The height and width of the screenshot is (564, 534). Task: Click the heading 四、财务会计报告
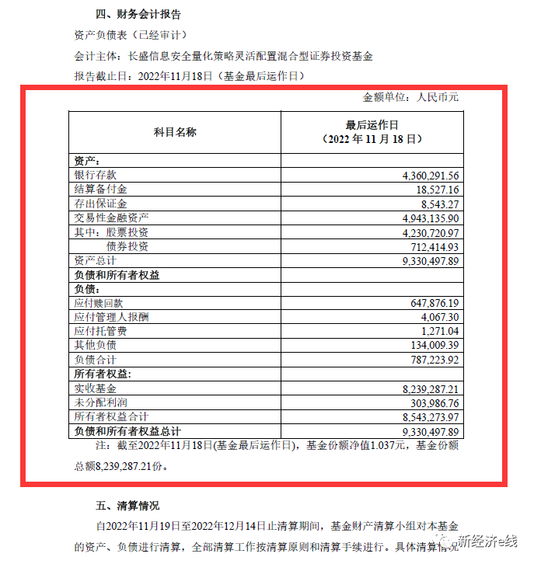click(138, 15)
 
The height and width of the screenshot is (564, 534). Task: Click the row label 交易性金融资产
click(111, 218)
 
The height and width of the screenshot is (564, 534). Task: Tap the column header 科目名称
click(175, 131)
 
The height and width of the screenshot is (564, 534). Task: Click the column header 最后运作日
click(372, 124)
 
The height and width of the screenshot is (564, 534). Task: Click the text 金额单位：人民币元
click(411, 98)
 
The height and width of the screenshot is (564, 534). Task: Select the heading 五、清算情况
click(127, 506)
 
